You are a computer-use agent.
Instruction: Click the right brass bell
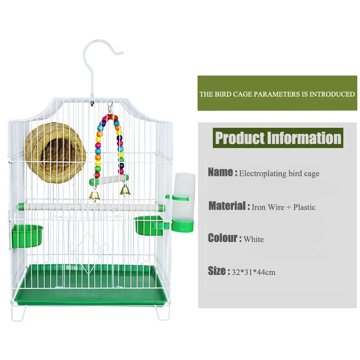point(125,191)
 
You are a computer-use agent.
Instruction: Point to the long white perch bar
point(90,207)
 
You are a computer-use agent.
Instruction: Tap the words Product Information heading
point(278,138)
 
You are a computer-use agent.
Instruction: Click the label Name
point(222,172)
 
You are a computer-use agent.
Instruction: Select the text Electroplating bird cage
point(279,173)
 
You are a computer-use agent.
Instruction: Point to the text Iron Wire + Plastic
point(283,207)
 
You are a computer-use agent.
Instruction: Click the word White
point(254,239)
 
